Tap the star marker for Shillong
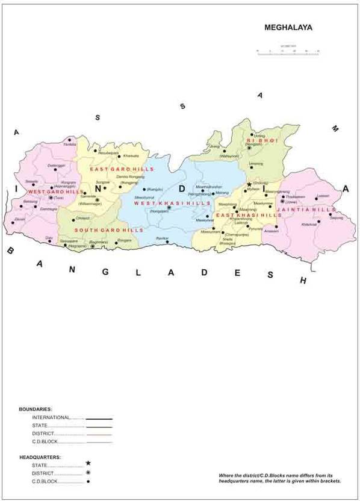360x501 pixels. pyautogui.click(x=249, y=185)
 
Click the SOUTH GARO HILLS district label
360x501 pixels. pyautogui.click(x=109, y=230)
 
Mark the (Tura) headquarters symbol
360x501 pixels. pyautogui.click(x=51, y=198)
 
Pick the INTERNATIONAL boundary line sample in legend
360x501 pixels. pyautogui.click(x=99, y=418)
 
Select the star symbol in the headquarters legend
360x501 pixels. pyautogui.click(x=88, y=463)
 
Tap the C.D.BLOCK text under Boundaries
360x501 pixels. pyautogui.click(x=45, y=441)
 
